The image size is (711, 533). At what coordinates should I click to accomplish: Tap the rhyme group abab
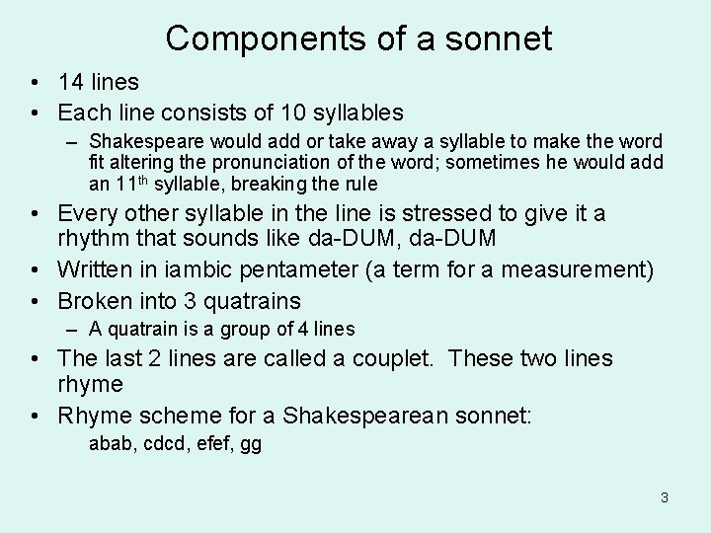point(108,444)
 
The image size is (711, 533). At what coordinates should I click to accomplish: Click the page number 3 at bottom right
point(665,497)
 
